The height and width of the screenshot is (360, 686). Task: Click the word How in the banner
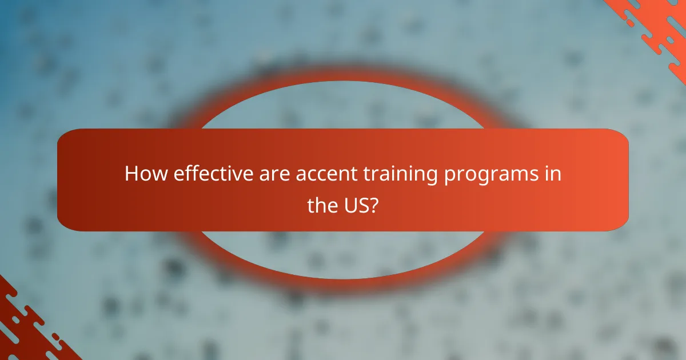click(140, 174)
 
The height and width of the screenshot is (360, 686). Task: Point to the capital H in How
click(130, 174)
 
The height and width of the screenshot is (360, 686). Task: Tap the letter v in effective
click(225, 174)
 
